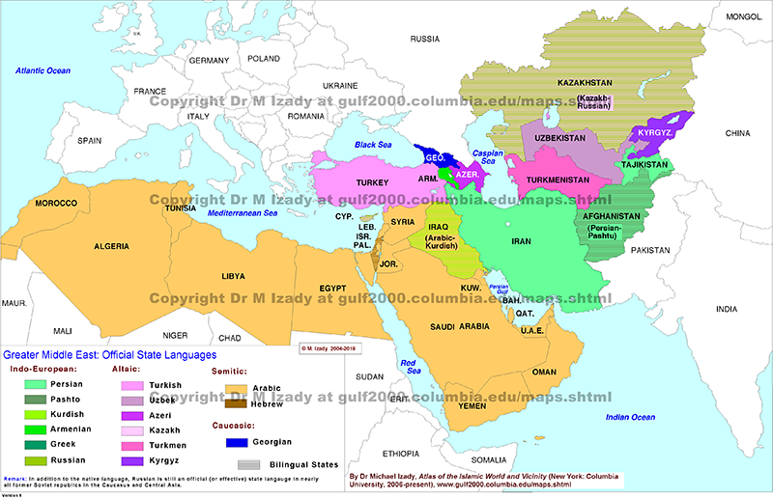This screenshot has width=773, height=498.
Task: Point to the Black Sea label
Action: pyautogui.click(x=371, y=145)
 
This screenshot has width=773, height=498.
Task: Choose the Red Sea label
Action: pyautogui.click(x=413, y=368)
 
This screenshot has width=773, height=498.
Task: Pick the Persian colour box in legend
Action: pyautogui.click(x=37, y=384)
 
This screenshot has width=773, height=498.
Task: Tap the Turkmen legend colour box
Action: pyautogui.click(x=130, y=447)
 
